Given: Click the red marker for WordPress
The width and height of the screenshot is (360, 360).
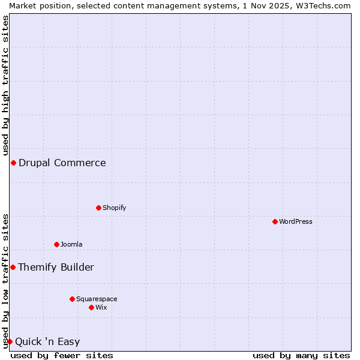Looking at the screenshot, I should [275, 221].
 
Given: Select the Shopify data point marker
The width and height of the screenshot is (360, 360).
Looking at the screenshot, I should [98, 208].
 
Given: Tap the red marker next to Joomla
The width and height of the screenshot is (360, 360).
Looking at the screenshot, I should [56, 244].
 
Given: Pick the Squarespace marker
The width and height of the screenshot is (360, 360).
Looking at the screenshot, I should [72, 299].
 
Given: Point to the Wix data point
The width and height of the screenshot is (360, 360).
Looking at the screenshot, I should [91, 307].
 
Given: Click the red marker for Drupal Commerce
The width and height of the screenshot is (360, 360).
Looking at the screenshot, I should [13, 163].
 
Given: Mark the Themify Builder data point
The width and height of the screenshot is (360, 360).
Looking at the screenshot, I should [13, 267].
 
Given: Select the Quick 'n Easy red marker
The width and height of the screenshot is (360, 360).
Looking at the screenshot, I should [10, 341].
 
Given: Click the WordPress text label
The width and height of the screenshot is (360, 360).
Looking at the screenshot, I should [296, 221].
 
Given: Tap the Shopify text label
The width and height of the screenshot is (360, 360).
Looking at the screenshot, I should [115, 208].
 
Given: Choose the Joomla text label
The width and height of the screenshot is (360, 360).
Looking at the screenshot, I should [71, 244].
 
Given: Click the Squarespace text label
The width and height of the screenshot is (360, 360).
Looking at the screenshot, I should [97, 299].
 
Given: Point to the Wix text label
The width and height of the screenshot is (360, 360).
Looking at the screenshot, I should [101, 307].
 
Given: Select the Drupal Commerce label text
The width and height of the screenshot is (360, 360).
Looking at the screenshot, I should [62, 163].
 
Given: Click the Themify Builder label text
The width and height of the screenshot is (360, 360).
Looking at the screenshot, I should [56, 267].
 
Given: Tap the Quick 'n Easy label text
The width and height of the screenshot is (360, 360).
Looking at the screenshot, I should [47, 342].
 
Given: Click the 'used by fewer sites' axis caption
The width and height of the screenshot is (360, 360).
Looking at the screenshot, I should [62, 355].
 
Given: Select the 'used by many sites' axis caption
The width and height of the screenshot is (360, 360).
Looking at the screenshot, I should [301, 355].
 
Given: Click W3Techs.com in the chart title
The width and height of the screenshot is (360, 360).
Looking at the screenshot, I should [322, 5].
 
